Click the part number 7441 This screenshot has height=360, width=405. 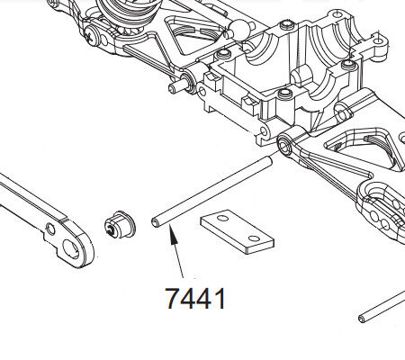pos(195,298)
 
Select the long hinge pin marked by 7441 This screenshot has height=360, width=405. pos(211,192)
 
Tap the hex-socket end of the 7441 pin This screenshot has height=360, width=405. pos(156,222)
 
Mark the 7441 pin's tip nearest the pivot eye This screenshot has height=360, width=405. pos(268,161)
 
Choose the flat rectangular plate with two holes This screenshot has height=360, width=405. pos(237,232)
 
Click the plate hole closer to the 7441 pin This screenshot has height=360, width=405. pos(222,218)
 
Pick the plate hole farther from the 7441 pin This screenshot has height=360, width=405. pos(254,238)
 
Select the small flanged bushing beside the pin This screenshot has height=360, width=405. pos(120,225)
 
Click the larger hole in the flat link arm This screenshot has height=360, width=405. pos(72,249)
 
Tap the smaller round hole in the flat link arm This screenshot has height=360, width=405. pos(50,229)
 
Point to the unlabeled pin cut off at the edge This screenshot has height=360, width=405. pos(382,306)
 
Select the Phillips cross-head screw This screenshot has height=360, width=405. pos(92,35)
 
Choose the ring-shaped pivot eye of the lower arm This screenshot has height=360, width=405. pos(284,145)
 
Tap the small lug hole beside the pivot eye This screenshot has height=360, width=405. pos(265,130)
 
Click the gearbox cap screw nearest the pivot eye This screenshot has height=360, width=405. pos(285,93)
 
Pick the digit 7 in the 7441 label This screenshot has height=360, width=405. pos(173,298)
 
